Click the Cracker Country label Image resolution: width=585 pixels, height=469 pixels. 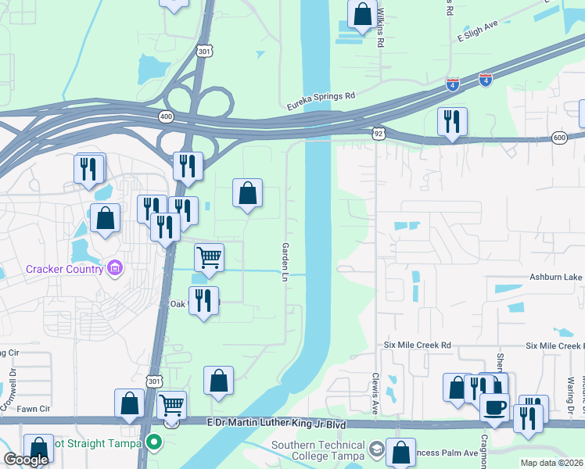coord(64,269)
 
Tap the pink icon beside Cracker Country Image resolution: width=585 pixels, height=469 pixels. coord(115,269)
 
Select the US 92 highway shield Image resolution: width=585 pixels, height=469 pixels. coord(379,134)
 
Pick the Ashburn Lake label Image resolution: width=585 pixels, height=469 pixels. coord(556,277)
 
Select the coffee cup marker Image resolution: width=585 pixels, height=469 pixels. coord(494,406)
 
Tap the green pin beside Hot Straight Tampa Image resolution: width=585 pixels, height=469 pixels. coord(154,443)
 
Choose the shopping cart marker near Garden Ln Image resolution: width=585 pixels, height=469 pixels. coord(209,258)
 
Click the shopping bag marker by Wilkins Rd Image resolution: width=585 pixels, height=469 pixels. coord(362,15)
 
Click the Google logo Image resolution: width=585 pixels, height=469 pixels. coord(26,460)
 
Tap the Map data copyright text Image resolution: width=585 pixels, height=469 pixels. coord(551,463)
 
